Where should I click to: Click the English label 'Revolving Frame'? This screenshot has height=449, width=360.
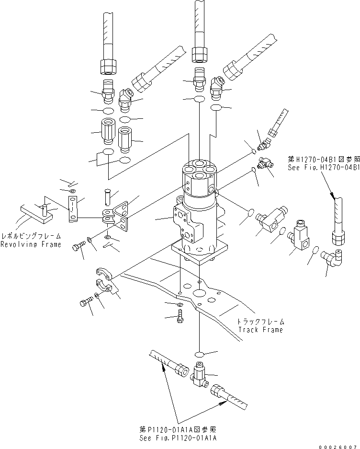pyautogui.click(x=37, y=244)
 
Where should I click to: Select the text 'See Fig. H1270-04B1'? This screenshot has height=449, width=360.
pyautogui.click(x=324, y=168)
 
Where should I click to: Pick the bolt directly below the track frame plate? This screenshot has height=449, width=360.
pyautogui.click(x=180, y=316)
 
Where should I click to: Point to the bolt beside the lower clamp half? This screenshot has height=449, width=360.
pyautogui.click(x=86, y=303)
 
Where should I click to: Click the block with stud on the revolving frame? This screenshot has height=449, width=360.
pyautogui.click(x=36, y=213)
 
